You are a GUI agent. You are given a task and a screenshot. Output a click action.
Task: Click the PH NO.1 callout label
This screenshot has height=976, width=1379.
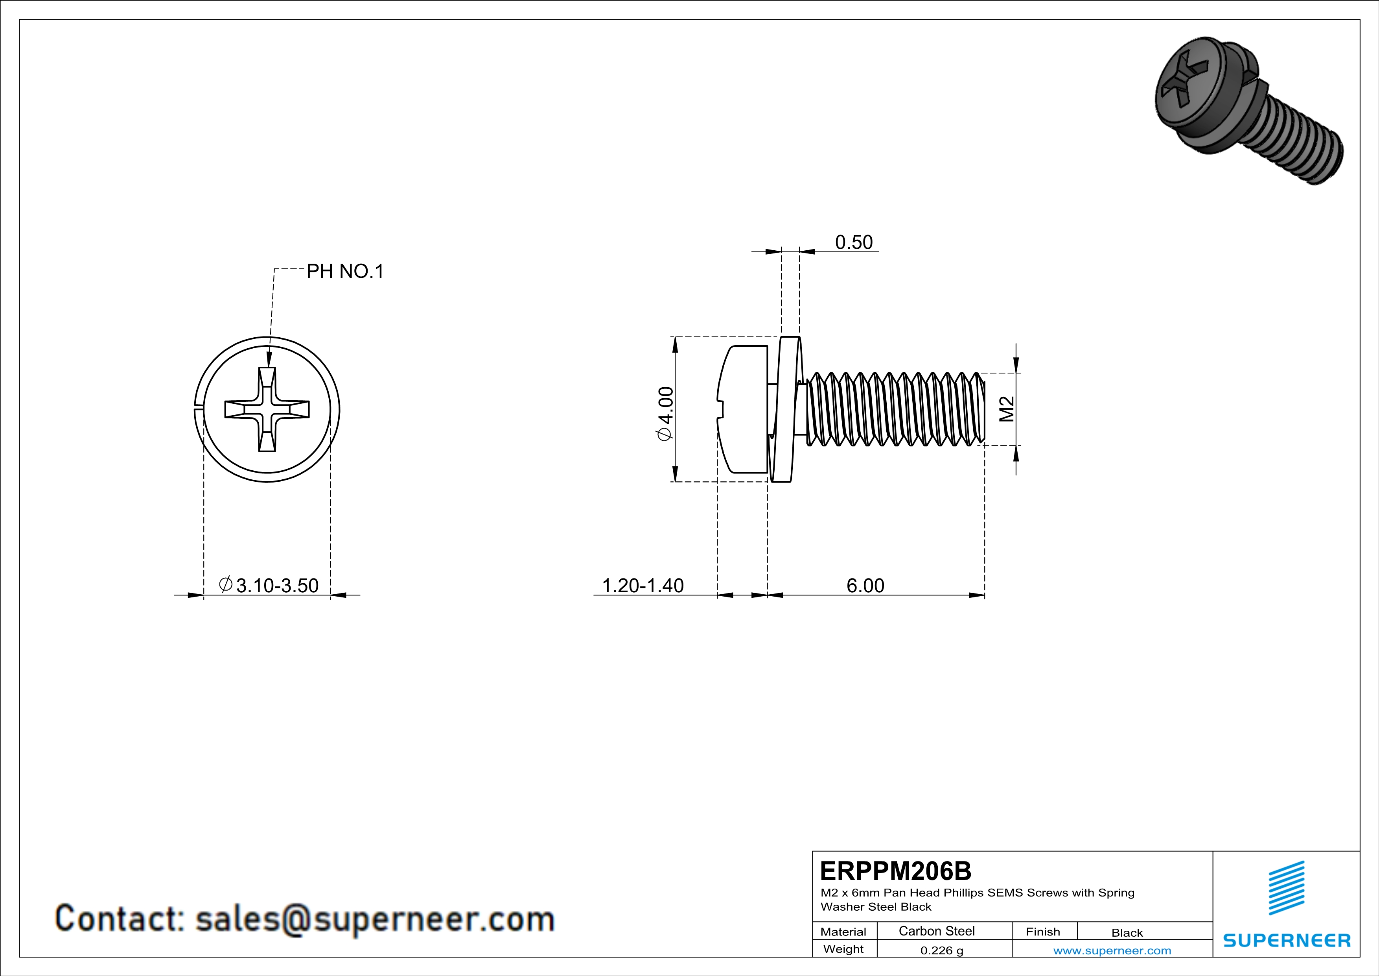coord(345,272)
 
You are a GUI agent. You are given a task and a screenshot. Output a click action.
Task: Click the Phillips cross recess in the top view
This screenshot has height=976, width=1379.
coord(267,409)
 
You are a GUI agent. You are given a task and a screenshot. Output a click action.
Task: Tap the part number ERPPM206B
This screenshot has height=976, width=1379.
coord(895,871)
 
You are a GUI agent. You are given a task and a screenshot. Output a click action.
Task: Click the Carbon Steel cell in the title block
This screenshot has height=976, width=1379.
coord(936,931)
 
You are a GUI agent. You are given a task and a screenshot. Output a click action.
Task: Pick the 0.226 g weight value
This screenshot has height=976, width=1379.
coord(942,950)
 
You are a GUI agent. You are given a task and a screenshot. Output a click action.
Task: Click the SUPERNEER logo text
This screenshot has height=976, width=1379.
coord(1287,941)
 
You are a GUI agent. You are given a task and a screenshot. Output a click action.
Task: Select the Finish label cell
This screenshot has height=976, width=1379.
coord(1043,932)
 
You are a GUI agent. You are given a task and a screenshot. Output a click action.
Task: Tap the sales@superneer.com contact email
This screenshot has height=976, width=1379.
coord(375,919)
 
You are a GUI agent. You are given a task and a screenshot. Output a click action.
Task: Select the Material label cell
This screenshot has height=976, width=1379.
coord(843,932)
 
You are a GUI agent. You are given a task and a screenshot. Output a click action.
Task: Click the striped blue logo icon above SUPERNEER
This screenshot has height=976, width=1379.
coord(1287,888)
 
